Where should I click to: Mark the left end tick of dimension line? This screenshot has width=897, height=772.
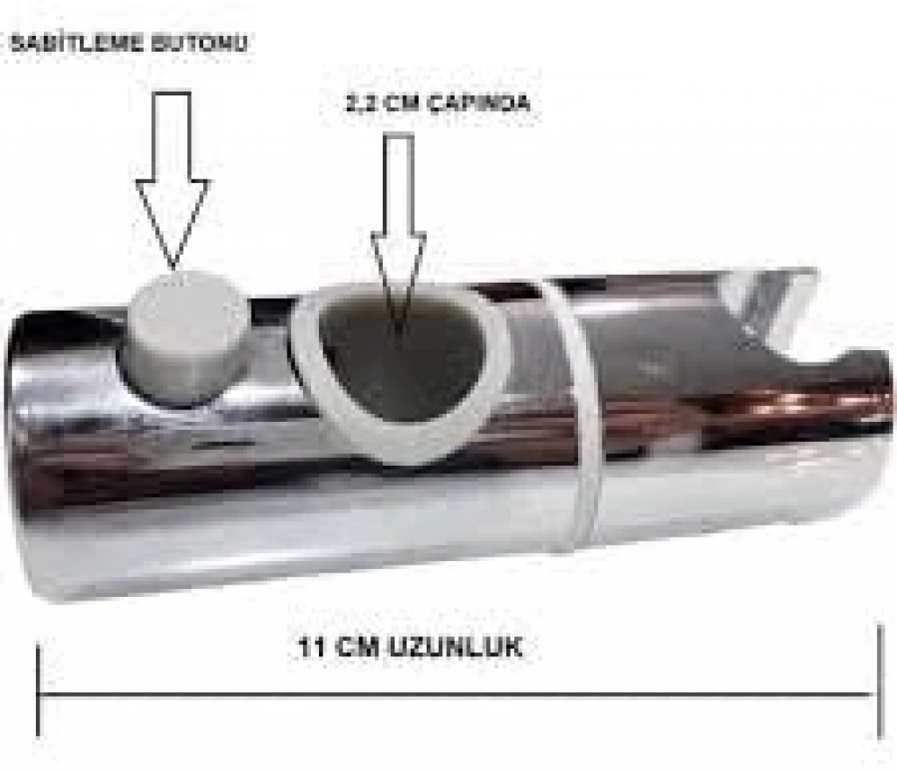click(x=39, y=691)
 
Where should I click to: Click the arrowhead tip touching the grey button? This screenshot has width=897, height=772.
click(x=173, y=263)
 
